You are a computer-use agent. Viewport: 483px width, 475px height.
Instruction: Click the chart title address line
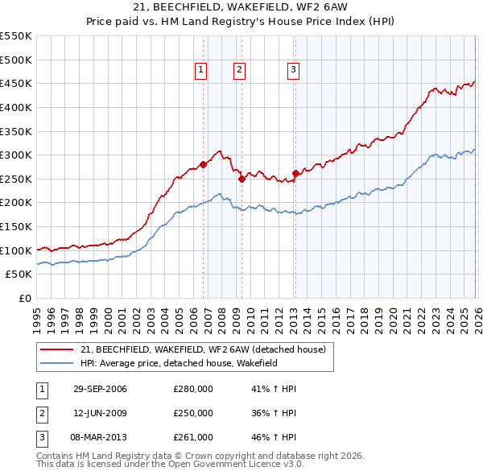[242, 9]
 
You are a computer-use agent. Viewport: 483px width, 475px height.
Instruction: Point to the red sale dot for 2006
[203, 164]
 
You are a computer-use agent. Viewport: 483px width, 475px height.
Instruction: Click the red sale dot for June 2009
[242, 179]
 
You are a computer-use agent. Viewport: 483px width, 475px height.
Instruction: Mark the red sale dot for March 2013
[295, 173]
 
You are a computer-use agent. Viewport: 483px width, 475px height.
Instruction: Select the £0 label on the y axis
[24, 298]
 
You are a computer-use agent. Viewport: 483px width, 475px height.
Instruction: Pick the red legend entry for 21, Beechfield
[202, 349]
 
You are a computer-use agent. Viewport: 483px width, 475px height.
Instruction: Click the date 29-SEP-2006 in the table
[100, 390]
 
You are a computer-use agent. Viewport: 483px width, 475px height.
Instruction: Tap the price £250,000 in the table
[193, 413]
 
